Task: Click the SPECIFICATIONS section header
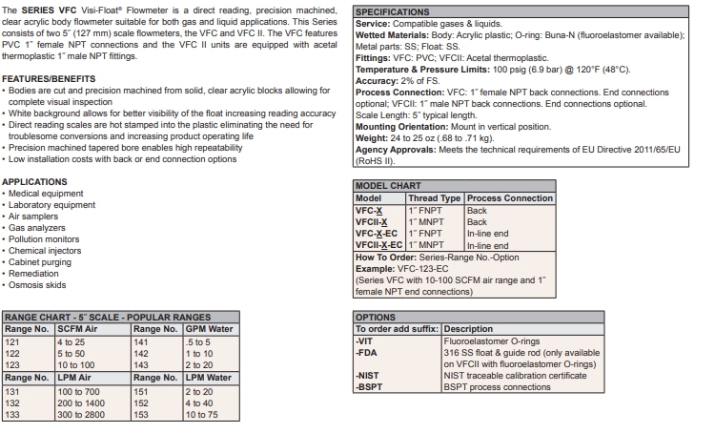[392, 12]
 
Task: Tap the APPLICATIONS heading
[34, 182]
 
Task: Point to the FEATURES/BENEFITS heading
[48, 78]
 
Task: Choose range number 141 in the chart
[141, 341]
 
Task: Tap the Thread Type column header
[435, 198]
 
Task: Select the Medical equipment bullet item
[46, 194]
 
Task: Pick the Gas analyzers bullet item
[39, 228]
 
